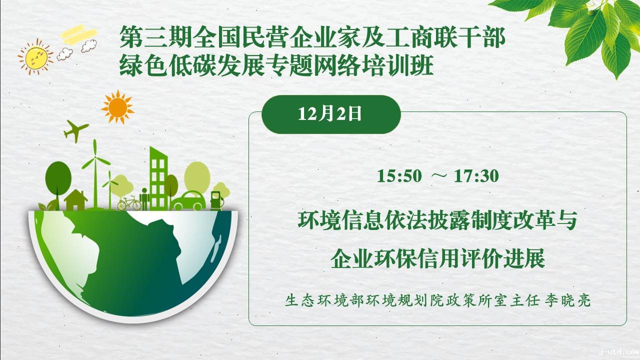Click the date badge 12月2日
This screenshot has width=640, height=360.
331,114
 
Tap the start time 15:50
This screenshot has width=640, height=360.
399,176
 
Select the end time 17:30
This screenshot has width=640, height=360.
476,176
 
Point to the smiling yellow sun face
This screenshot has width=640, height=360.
36,57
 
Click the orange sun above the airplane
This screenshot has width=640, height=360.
117,107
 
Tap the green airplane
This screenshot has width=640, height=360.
75,131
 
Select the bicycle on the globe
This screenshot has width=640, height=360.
129,203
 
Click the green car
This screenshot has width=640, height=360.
188,201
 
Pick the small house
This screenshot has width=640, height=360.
75,200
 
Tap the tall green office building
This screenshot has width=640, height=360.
158,178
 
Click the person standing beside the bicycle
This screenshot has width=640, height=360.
144,199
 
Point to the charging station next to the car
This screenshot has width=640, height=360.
216,200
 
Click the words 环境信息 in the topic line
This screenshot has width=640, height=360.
340,220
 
